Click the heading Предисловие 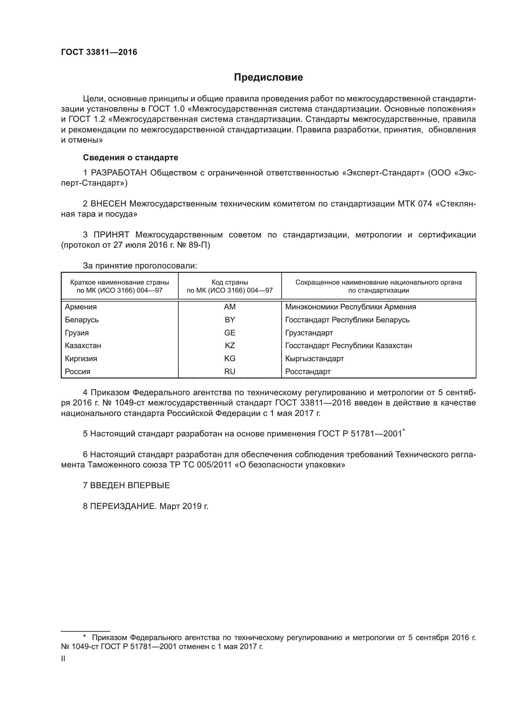coord(268,77)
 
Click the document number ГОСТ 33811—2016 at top coord(99,52)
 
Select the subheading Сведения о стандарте coord(131,157)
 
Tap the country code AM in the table coord(230,307)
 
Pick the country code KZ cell coord(230,345)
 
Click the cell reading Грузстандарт coord(309,333)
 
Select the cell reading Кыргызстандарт coord(314,358)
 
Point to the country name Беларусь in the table coord(82,320)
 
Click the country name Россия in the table coord(78,371)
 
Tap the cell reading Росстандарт coord(308,371)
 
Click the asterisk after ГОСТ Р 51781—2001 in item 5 coord(404,431)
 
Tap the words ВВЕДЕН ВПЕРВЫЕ coord(130,485)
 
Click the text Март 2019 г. coord(184,506)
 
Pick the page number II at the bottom coord(63,659)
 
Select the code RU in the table coord(230,371)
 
